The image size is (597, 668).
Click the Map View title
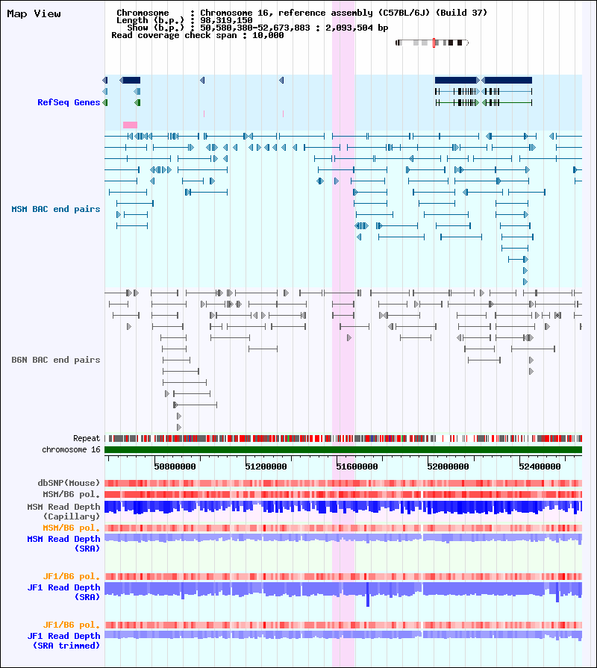pos(34,13)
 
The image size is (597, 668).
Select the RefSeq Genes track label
pos(69,102)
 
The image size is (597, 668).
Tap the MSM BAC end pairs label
pos(56,209)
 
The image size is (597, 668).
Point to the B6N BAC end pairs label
pos(56,360)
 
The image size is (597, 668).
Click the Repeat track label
pos(87,438)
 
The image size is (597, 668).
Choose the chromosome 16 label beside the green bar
pos(71,449)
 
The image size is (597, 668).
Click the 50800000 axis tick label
pos(175,466)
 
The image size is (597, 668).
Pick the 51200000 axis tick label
pos(266,466)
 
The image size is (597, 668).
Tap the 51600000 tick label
pos(357,466)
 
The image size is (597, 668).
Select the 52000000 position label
pos(448,466)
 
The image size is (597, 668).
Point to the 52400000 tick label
pos(540,466)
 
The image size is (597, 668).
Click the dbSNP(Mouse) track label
pos(69,483)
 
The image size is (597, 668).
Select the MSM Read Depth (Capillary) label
pos(64,512)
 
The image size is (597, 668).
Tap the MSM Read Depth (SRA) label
pos(64,544)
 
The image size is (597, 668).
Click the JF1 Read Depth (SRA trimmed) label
pos(64,640)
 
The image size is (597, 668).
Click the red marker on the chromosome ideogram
pos(434,43)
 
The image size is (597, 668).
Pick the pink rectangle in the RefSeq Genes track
pos(131,125)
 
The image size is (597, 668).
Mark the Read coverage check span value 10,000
pos(268,35)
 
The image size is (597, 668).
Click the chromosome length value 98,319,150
pos(227,20)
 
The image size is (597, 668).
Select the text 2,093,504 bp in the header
pos(357,28)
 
